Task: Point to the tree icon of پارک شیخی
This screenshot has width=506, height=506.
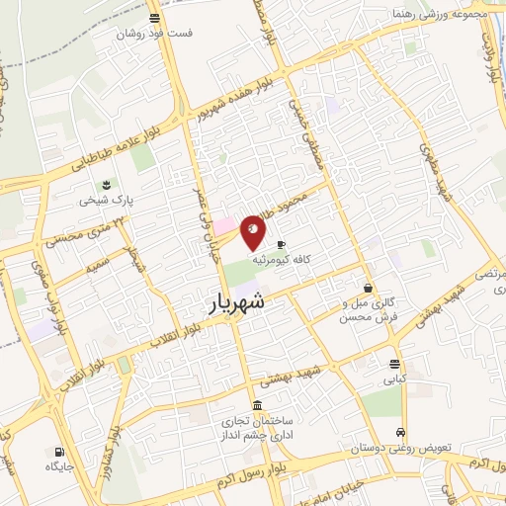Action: (x=106, y=183)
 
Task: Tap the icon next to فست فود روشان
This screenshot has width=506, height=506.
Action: (x=154, y=18)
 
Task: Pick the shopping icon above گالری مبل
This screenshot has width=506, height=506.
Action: (x=368, y=289)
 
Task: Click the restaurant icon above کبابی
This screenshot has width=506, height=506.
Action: (x=395, y=363)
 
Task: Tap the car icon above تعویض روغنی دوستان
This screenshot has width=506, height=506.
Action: (x=399, y=433)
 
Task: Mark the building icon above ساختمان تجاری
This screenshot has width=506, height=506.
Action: (x=257, y=406)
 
